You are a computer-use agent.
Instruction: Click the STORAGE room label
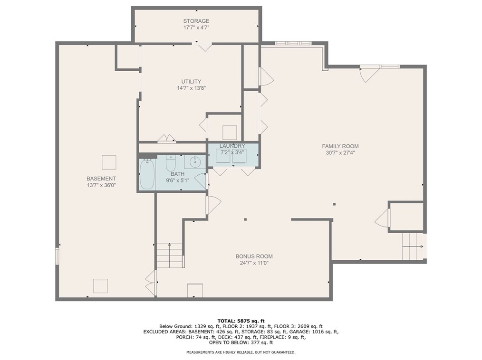[x=196, y=21]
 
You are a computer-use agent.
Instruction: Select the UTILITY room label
[x=191, y=81]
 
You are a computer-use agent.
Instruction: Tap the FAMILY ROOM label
[x=340, y=146]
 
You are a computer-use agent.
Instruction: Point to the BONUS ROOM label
[x=254, y=256]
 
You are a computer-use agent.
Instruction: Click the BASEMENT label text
[x=101, y=179]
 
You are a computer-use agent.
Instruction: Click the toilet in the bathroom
[x=171, y=164]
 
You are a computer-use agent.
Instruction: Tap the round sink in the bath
[x=195, y=162]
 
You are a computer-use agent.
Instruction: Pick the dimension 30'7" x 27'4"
[x=340, y=153]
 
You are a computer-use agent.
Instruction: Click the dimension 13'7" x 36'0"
[x=101, y=185]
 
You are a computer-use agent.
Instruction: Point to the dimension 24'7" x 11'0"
[x=254, y=263]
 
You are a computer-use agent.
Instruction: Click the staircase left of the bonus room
[x=170, y=255]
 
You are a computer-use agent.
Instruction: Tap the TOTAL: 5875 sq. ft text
[x=241, y=321]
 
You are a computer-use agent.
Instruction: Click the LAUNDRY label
[x=232, y=146]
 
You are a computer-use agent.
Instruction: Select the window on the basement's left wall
[x=58, y=255]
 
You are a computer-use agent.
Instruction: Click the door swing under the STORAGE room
[x=204, y=46]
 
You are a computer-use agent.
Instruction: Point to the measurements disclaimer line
[x=241, y=352]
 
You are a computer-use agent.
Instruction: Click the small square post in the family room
[x=334, y=204]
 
